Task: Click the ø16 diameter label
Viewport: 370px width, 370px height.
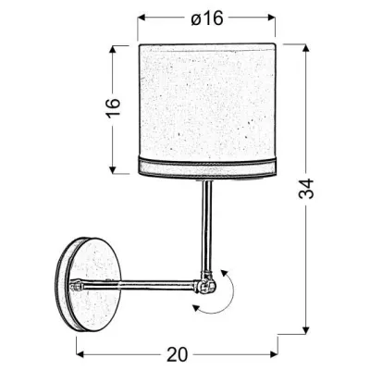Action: point(206,17)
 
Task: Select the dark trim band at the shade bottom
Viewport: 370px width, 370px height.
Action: point(206,167)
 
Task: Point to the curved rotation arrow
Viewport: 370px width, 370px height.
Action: point(228,294)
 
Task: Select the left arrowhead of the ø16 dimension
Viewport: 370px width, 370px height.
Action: point(142,17)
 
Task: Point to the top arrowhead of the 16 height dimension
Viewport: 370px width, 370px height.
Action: point(113,45)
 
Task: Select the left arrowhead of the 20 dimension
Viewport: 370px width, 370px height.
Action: point(78,353)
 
